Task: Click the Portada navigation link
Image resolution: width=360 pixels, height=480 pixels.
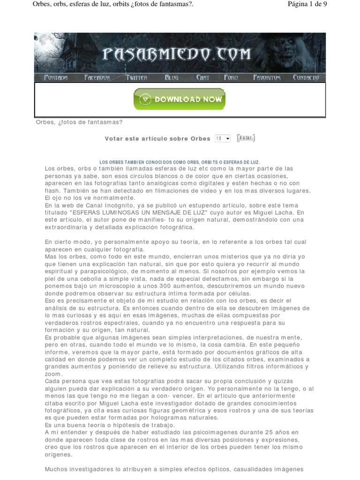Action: pyautogui.click(x=56, y=78)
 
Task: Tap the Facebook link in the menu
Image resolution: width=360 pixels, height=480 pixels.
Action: pyautogui.click(x=97, y=78)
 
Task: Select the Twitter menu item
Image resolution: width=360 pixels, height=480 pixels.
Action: pyautogui.click(x=136, y=78)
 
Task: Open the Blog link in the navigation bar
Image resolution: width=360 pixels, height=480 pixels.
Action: pyautogui.click(x=172, y=78)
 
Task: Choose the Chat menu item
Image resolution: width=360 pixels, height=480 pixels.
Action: pyautogui.click(x=202, y=78)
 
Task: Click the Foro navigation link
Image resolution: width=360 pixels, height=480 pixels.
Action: pyautogui.click(x=231, y=78)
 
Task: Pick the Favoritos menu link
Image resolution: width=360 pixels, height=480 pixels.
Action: pyautogui.click(x=267, y=78)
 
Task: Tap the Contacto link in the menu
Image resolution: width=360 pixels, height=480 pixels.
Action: pyautogui.click(x=306, y=78)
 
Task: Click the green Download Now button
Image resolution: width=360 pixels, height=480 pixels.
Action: pyautogui.click(x=180, y=99)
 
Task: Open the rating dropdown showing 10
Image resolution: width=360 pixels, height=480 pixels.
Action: pyautogui.click(x=223, y=139)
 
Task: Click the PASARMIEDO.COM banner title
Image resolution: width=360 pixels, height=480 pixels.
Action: pyautogui.click(x=177, y=55)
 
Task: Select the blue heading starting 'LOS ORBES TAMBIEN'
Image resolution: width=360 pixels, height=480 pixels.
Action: pyautogui.click(x=180, y=162)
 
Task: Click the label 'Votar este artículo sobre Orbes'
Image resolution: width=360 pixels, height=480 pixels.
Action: pyautogui.click(x=158, y=139)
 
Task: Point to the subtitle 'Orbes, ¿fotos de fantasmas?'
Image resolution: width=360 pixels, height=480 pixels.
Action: pyautogui.click(x=79, y=122)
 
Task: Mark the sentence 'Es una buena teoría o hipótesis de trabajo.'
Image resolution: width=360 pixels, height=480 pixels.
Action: pyautogui.click(x=110, y=425)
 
